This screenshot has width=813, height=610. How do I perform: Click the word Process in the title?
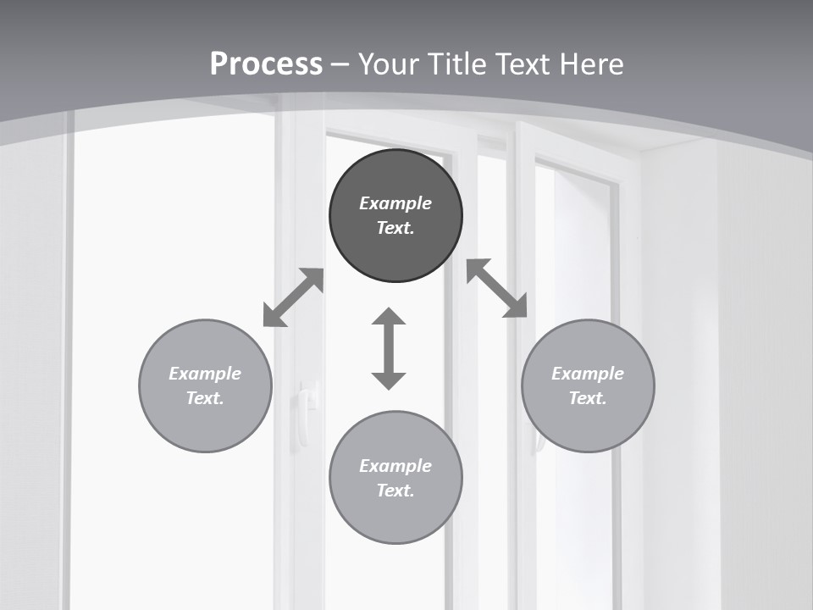pos(266,64)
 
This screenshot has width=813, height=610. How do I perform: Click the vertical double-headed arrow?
pos(389,348)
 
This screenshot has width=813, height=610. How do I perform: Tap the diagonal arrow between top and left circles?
pos(293,297)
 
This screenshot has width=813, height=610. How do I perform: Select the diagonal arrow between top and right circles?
pos(497,288)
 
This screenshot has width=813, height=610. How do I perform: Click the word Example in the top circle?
pos(395,203)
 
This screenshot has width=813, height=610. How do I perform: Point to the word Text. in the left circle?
pos(205,398)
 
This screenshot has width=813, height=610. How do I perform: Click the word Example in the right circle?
pos(588,374)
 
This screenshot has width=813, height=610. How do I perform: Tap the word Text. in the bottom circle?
pos(395,491)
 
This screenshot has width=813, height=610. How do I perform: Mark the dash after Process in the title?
pos(340,64)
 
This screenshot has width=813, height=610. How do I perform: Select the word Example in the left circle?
pos(205,374)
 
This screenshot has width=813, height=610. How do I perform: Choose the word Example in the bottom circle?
pos(395,466)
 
